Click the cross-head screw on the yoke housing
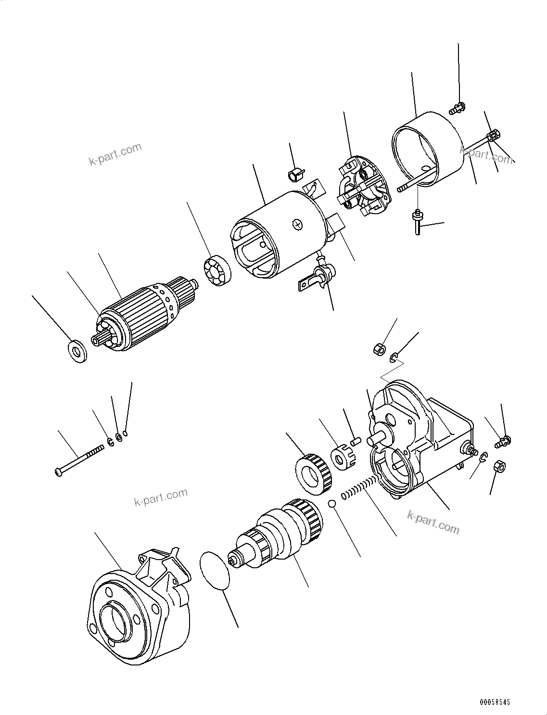pos(298,224)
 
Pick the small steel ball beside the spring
pos(331,503)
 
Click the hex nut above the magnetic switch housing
pos(379,348)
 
